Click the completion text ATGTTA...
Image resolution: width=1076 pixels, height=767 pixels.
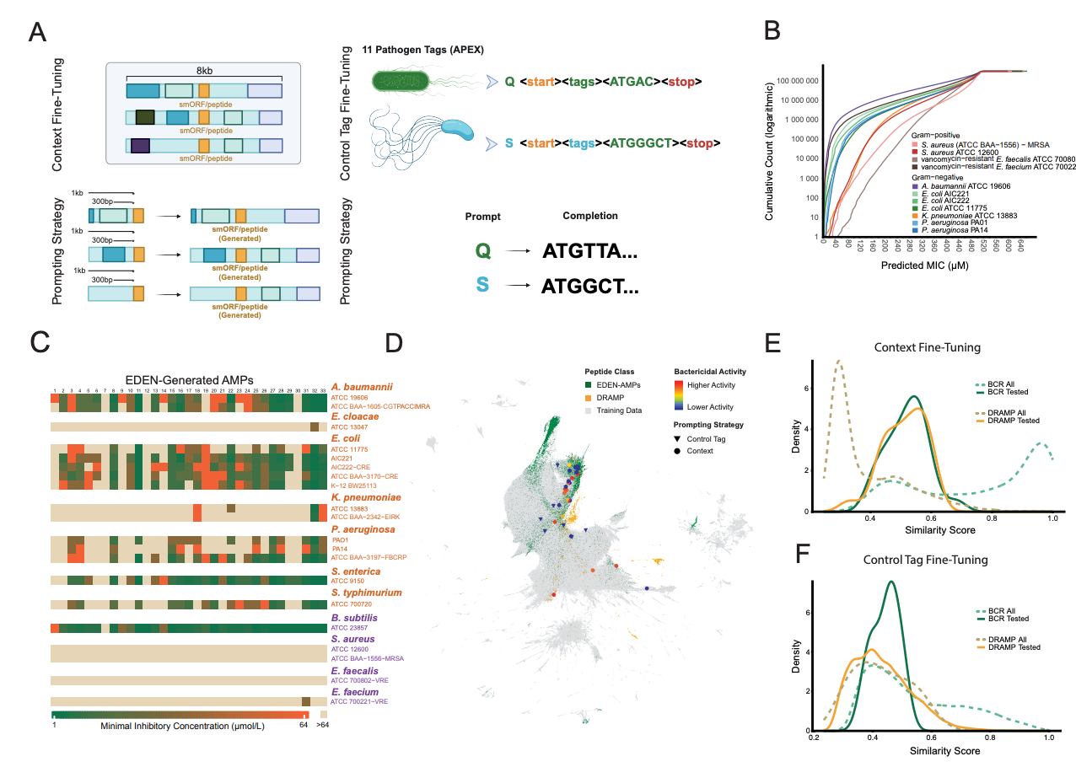pos(590,250)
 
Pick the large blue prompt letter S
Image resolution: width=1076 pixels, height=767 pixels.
pos(482,284)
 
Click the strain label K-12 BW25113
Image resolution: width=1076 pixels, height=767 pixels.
pos(356,485)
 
